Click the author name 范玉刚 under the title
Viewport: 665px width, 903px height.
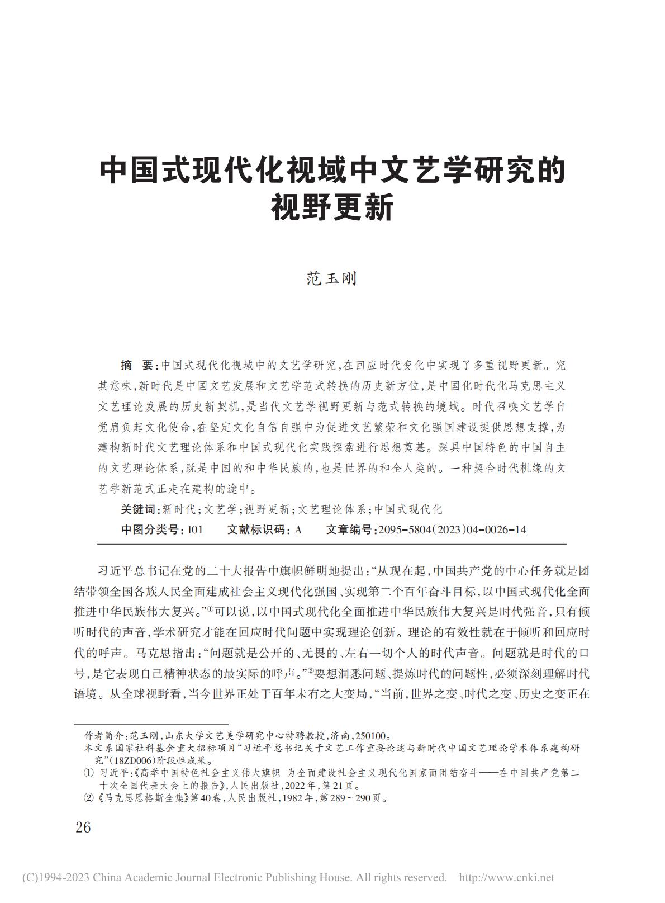[x=332, y=278]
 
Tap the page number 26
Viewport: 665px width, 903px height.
[x=83, y=827]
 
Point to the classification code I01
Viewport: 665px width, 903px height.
[x=196, y=529]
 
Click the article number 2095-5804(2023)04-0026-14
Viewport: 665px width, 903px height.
[x=452, y=529]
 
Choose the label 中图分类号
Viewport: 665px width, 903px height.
[x=150, y=529]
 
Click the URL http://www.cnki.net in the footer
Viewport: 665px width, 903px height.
[x=506, y=877]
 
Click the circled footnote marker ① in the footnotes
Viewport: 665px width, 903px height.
[x=88, y=773]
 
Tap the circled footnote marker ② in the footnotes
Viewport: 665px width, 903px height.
[x=88, y=798]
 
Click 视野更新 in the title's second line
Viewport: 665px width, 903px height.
[x=332, y=207]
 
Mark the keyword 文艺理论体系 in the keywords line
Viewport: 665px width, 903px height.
[x=331, y=509]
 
